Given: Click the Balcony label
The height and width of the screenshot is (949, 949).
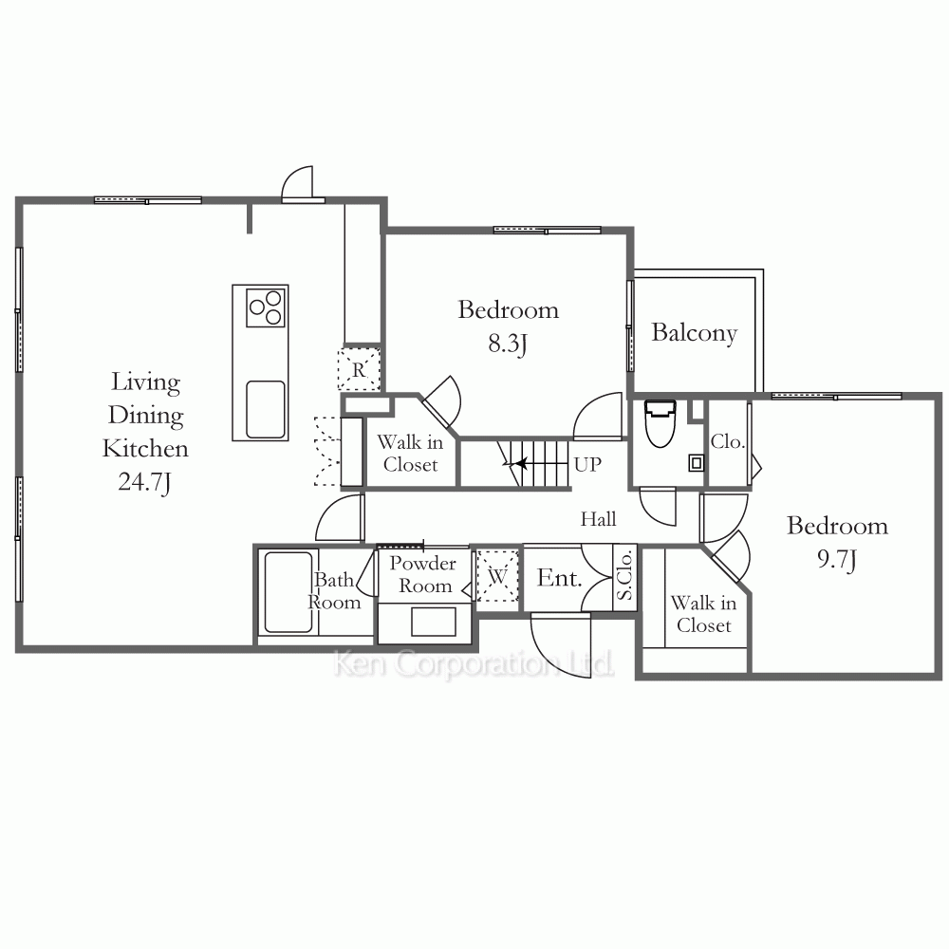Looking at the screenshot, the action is click(x=695, y=333).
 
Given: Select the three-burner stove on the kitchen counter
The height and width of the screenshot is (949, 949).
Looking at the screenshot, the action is click(x=267, y=307).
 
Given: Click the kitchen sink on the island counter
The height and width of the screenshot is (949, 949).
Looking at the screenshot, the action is click(x=265, y=409).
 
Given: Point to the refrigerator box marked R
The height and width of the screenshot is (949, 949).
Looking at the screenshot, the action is click(x=359, y=368).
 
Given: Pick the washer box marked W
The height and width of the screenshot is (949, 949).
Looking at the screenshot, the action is click(x=497, y=576).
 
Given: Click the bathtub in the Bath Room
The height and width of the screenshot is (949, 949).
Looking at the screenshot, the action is click(x=288, y=592).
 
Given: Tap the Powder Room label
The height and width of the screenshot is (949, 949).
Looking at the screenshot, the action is click(x=423, y=574).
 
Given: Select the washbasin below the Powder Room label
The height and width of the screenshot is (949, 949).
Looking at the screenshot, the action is click(x=434, y=622).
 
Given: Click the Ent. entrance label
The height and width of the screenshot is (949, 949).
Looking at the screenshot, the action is click(x=559, y=578).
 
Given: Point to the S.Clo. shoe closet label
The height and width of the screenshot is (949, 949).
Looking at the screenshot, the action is click(x=624, y=574).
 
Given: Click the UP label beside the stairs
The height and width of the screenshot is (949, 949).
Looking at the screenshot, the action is click(x=587, y=465).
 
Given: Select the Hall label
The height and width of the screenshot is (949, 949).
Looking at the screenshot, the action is click(x=598, y=519).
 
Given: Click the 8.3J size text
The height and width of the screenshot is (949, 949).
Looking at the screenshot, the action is click(x=508, y=344).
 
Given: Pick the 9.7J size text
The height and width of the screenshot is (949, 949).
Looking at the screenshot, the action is click(x=837, y=560).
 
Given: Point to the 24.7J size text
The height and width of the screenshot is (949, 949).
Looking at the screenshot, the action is click(x=144, y=482).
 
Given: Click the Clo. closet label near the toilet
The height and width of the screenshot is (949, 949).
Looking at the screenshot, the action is click(x=727, y=442).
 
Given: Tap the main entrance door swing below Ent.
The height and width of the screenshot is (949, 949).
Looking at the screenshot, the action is click(x=560, y=645).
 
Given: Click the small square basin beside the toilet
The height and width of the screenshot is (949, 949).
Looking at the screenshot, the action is click(x=696, y=464).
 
